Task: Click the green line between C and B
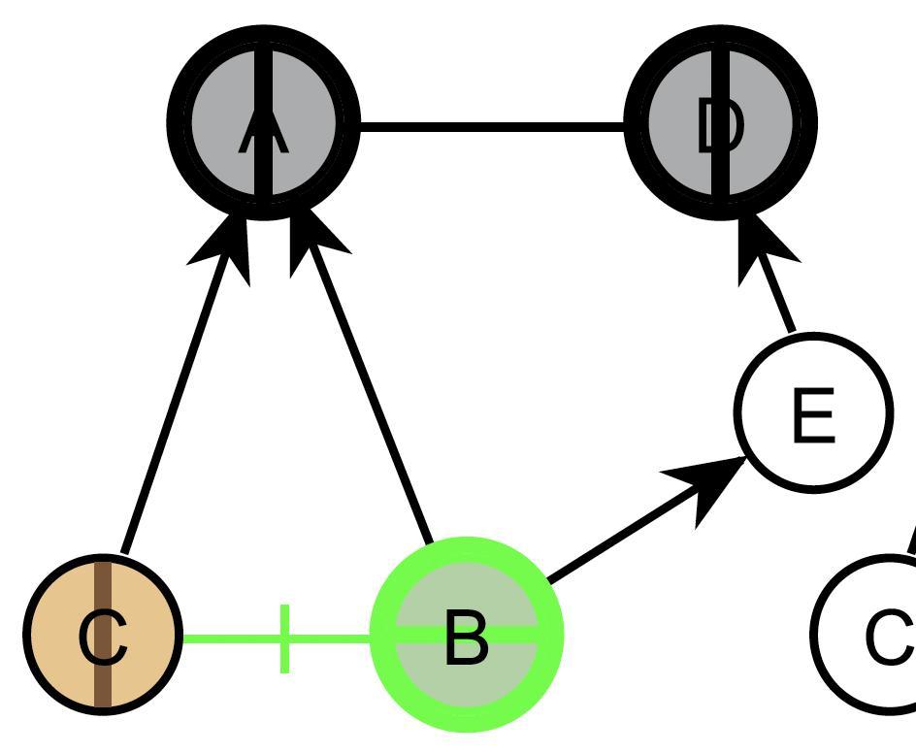coord(233,638)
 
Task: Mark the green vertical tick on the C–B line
coord(284,638)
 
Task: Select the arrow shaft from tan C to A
coord(175,408)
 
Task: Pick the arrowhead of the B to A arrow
coord(315,247)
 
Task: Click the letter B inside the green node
coord(466,638)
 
